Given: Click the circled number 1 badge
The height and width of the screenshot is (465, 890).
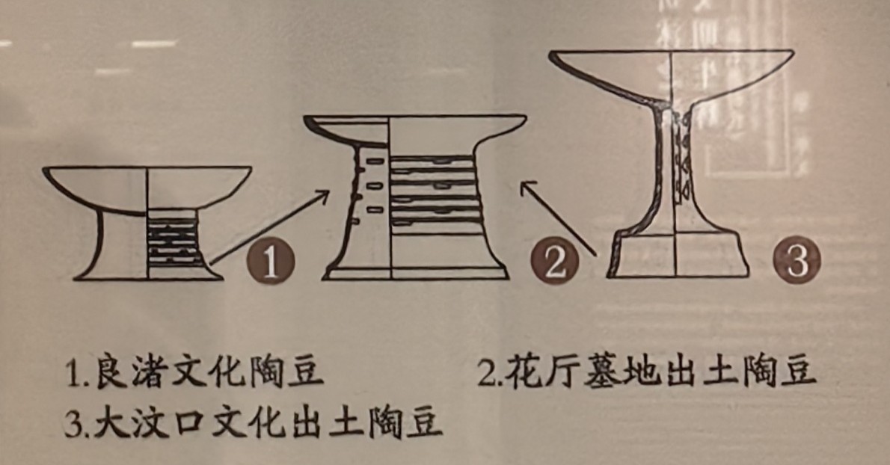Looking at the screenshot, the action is (x=270, y=262).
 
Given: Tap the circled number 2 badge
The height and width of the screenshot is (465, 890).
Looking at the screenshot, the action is (x=554, y=262).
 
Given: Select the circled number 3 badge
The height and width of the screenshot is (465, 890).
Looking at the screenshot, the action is (x=797, y=259).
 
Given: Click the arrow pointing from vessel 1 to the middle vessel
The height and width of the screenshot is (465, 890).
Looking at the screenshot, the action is (x=269, y=227).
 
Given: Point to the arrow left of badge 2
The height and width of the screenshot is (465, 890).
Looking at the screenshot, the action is (x=559, y=218).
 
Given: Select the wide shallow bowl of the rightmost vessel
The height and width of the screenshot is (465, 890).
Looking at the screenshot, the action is (x=672, y=76).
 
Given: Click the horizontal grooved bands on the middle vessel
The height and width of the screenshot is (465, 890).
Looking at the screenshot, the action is (x=432, y=194).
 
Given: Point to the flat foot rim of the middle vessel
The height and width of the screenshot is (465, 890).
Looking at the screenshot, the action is (x=415, y=274).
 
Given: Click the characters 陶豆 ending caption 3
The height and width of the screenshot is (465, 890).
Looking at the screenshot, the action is (x=405, y=422).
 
